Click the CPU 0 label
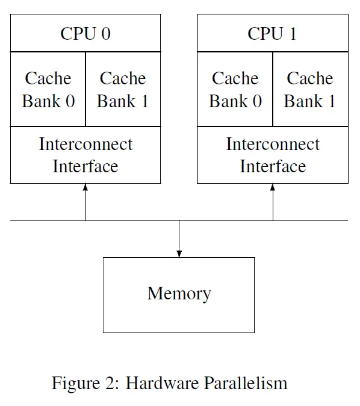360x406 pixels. pos(85,34)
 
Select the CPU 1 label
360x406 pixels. pos(272,34)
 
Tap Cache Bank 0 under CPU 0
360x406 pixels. pos(48,90)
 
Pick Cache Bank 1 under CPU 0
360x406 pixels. pos(123,90)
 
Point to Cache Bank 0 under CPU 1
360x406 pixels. pos(235,90)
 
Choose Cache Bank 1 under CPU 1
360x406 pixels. pos(310,90)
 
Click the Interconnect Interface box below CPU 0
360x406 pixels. pos(85,155)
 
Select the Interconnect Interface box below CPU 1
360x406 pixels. pos(273,155)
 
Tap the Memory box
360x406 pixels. pos(179,295)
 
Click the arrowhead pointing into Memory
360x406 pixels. pos(179,254)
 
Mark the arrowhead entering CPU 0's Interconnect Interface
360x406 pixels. pos(85,187)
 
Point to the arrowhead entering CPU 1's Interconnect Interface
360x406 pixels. pos(273,187)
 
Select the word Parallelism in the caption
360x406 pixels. pos(245,383)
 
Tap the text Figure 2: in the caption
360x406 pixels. pos(85,383)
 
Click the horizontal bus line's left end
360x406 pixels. pos(12,220)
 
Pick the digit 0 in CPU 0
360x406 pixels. pos(106,34)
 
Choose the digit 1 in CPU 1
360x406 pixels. pos(293,34)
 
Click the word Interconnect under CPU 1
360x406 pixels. pos(273,145)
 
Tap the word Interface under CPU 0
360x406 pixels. pos(85,166)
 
